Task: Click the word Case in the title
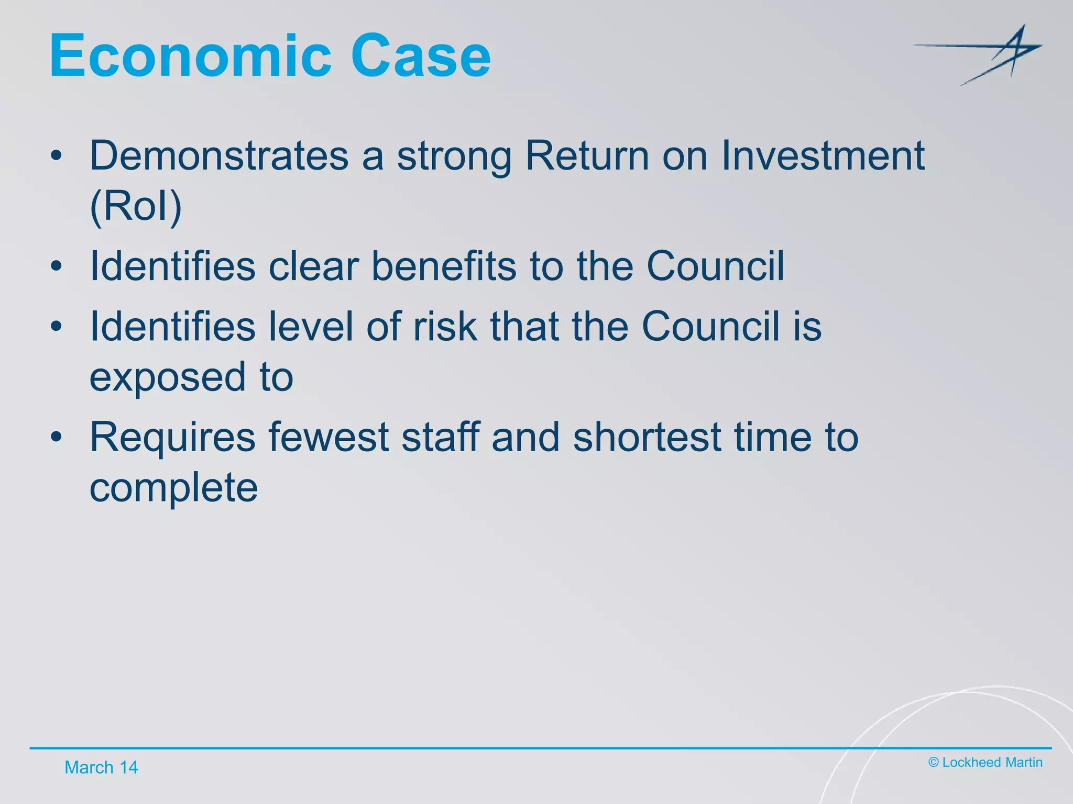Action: (421, 55)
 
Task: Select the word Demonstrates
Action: (219, 155)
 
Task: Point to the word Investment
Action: (823, 155)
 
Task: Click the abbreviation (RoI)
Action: (136, 206)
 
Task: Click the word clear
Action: (314, 266)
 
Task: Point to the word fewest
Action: (329, 438)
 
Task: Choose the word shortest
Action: (647, 438)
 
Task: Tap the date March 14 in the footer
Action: (101, 767)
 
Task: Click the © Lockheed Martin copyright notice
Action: (985, 763)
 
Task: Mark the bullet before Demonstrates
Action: (57, 155)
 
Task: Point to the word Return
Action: (587, 155)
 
